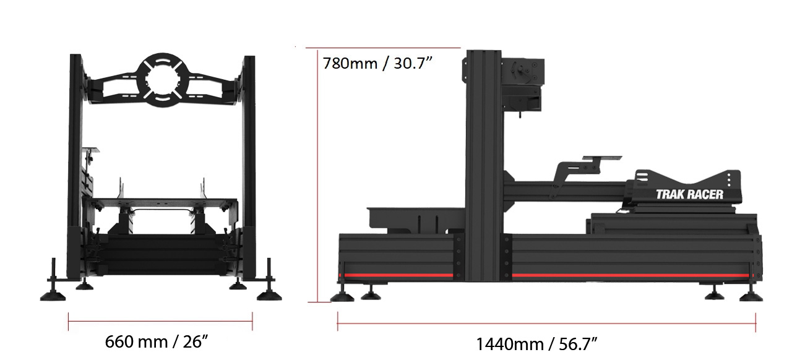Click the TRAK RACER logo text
pos(689,194)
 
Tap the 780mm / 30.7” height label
pos(377,64)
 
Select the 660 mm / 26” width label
pos(157,342)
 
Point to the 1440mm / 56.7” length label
pos(536,344)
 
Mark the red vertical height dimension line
pos(317,175)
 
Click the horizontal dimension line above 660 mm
pos(160,322)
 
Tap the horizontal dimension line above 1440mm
pos(546,324)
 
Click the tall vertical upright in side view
pos(484,166)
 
